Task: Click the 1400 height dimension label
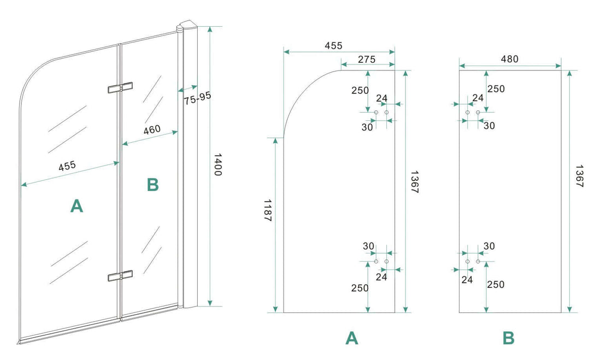pyautogui.click(x=216, y=164)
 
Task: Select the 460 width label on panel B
pyautogui.click(x=151, y=130)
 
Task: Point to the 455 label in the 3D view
pyautogui.click(x=67, y=167)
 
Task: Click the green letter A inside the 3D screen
pyautogui.click(x=76, y=206)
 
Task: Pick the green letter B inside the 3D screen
pyautogui.click(x=152, y=185)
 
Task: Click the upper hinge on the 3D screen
pyautogui.click(x=120, y=88)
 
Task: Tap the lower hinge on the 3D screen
pyautogui.click(x=120, y=277)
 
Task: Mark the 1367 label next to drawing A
pyautogui.click(x=415, y=183)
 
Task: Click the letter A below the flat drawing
pyautogui.click(x=352, y=339)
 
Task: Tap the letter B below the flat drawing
pyautogui.click(x=509, y=339)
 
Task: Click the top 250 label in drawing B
pyautogui.click(x=496, y=89)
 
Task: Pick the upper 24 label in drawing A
pyautogui.click(x=382, y=99)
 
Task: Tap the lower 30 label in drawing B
pyautogui.click(x=488, y=246)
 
